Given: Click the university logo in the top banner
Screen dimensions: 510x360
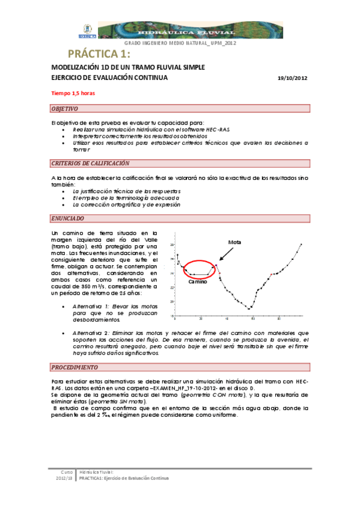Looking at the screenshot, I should [87, 30].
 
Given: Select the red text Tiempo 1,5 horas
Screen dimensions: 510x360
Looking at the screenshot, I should [73, 93].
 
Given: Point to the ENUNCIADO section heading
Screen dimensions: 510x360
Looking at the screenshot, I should [68, 218].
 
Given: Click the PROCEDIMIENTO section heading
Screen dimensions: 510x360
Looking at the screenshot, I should [76, 366].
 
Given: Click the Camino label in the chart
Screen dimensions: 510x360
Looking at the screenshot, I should [197, 281].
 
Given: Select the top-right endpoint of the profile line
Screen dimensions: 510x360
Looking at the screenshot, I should [301, 244].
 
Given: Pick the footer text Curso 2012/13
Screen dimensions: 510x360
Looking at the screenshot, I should [63, 476].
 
